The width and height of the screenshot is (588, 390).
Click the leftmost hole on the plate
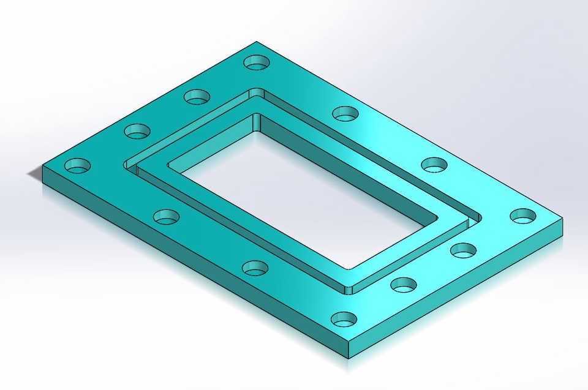pos(78,165)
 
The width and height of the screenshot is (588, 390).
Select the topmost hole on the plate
pos(257,62)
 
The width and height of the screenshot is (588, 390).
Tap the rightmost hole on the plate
pos(522,216)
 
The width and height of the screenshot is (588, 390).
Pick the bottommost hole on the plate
pos(344,319)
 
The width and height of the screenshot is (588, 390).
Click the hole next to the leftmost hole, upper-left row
pos(137,130)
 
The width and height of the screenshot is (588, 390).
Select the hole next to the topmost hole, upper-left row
pos(197,96)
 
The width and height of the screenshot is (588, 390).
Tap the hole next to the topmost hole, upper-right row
pos(345,113)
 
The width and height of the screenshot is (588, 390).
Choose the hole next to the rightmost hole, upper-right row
pos(434,164)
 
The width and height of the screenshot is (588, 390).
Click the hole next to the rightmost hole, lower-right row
pos(463,250)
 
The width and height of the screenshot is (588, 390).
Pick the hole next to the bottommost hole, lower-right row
pos(404,284)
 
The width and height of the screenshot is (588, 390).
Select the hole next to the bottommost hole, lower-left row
pos(255,267)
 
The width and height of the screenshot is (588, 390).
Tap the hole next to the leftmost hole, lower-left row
pos(166,216)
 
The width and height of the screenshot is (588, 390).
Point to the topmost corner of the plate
pos(257,42)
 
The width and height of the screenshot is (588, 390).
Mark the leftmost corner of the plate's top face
pos(42,166)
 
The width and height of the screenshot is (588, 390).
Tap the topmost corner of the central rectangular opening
pos(257,114)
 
